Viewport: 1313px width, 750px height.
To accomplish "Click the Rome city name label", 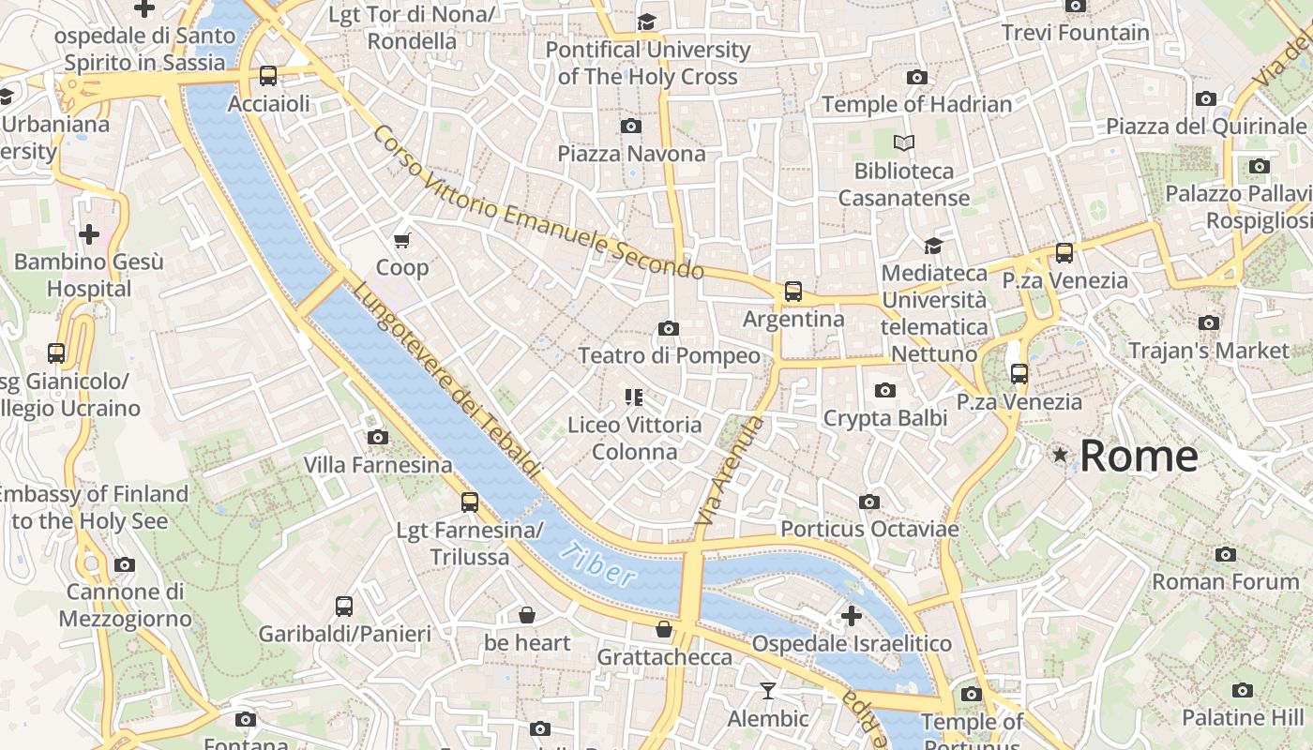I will [1139, 457].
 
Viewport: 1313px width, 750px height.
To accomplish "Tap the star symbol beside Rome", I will [1061, 455].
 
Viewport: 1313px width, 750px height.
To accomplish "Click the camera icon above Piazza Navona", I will [631, 126].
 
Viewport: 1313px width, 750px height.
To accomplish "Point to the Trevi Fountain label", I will [1075, 33].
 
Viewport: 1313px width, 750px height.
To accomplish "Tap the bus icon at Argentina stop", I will [793, 292].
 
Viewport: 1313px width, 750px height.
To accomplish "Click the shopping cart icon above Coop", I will [402, 241].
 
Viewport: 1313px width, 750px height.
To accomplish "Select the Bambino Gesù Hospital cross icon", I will [89, 233].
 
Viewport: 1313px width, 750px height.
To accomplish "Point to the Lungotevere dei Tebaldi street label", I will [445, 379].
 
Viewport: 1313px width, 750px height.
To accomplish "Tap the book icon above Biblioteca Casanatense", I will [904, 143].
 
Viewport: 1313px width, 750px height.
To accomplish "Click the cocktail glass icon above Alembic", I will [768, 691].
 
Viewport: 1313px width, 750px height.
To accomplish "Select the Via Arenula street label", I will [732, 470].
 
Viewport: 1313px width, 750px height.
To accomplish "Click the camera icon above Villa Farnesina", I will [378, 437].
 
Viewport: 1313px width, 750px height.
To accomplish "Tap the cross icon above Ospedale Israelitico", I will [852, 616].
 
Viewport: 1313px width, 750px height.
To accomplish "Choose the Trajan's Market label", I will [1208, 351].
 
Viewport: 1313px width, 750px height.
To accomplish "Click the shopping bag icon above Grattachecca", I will [664, 629].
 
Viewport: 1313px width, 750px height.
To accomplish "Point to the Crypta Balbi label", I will [884, 418].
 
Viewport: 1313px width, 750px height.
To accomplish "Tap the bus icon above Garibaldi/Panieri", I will [344, 607].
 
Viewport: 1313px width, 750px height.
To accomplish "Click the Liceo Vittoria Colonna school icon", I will [634, 397].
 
